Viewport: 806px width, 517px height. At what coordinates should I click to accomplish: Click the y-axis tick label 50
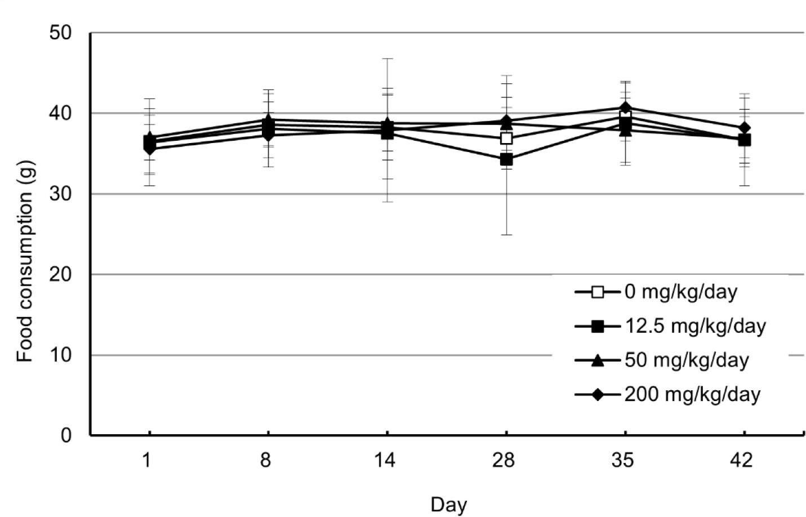click(60, 33)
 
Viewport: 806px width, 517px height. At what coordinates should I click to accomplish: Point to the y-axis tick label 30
click(60, 194)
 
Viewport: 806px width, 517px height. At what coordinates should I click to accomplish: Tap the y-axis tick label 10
click(60, 355)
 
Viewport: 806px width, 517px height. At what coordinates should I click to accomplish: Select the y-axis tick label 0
click(66, 435)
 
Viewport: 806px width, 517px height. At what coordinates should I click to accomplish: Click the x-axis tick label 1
click(147, 460)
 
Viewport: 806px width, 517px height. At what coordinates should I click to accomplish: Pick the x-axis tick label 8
click(265, 460)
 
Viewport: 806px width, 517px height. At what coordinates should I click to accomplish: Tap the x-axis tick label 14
click(385, 460)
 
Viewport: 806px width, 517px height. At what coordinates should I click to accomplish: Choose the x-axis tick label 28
click(504, 460)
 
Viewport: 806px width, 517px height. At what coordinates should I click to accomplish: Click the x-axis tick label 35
click(623, 460)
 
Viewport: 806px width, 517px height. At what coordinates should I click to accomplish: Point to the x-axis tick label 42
click(742, 460)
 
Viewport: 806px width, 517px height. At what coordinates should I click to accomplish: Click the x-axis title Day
click(449, 505)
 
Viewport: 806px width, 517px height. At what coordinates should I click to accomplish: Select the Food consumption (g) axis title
click(26, 261)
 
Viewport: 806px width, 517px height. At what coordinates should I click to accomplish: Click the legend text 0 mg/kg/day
click(681, 292)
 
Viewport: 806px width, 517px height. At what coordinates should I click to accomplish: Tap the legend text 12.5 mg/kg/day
click(696, 326)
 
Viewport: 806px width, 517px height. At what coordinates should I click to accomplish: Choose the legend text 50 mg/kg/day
click(687, 360)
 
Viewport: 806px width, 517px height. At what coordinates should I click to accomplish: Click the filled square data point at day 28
click(506, 159)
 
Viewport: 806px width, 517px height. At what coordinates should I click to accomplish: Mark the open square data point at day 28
click(506, 138)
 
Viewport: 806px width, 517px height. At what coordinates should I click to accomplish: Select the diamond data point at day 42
click(745, 128)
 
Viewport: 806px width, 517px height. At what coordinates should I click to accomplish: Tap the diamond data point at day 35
click(625, 107)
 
